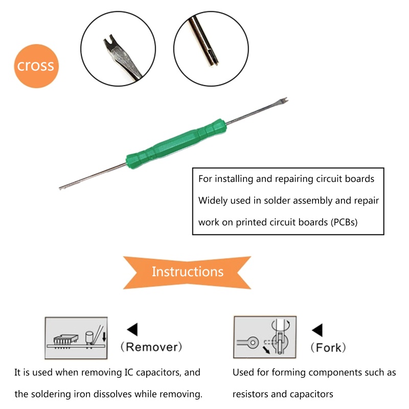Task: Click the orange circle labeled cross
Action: (x=36, y=66)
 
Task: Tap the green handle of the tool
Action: (x=176, y=144)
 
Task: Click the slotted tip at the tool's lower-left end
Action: (x=61, y=188)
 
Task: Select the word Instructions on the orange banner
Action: (x=188, y=271)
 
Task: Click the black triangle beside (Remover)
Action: (x=132, y=329)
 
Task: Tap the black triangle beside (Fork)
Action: (x=317, y=330)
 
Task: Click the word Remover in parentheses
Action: (x=151, y=347)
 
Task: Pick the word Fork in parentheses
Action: (x=328, y=348)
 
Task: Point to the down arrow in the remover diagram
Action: (x=104, y=336)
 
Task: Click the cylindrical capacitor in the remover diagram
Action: (x=89, y=338)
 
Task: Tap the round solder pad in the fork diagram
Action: (x=253, y=342)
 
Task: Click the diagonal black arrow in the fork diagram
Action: (x=266, y=350)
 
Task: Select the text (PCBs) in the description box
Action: (x=344, y=222)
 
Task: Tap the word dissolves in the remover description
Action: (x=112, y=394)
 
